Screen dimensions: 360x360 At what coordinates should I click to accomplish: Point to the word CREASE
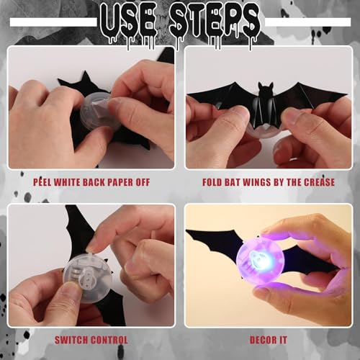click(x=318, y=181)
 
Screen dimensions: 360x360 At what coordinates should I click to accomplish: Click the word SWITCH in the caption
click(x=74, y=340)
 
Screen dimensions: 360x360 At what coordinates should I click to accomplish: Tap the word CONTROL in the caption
click(x=110, y=340)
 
